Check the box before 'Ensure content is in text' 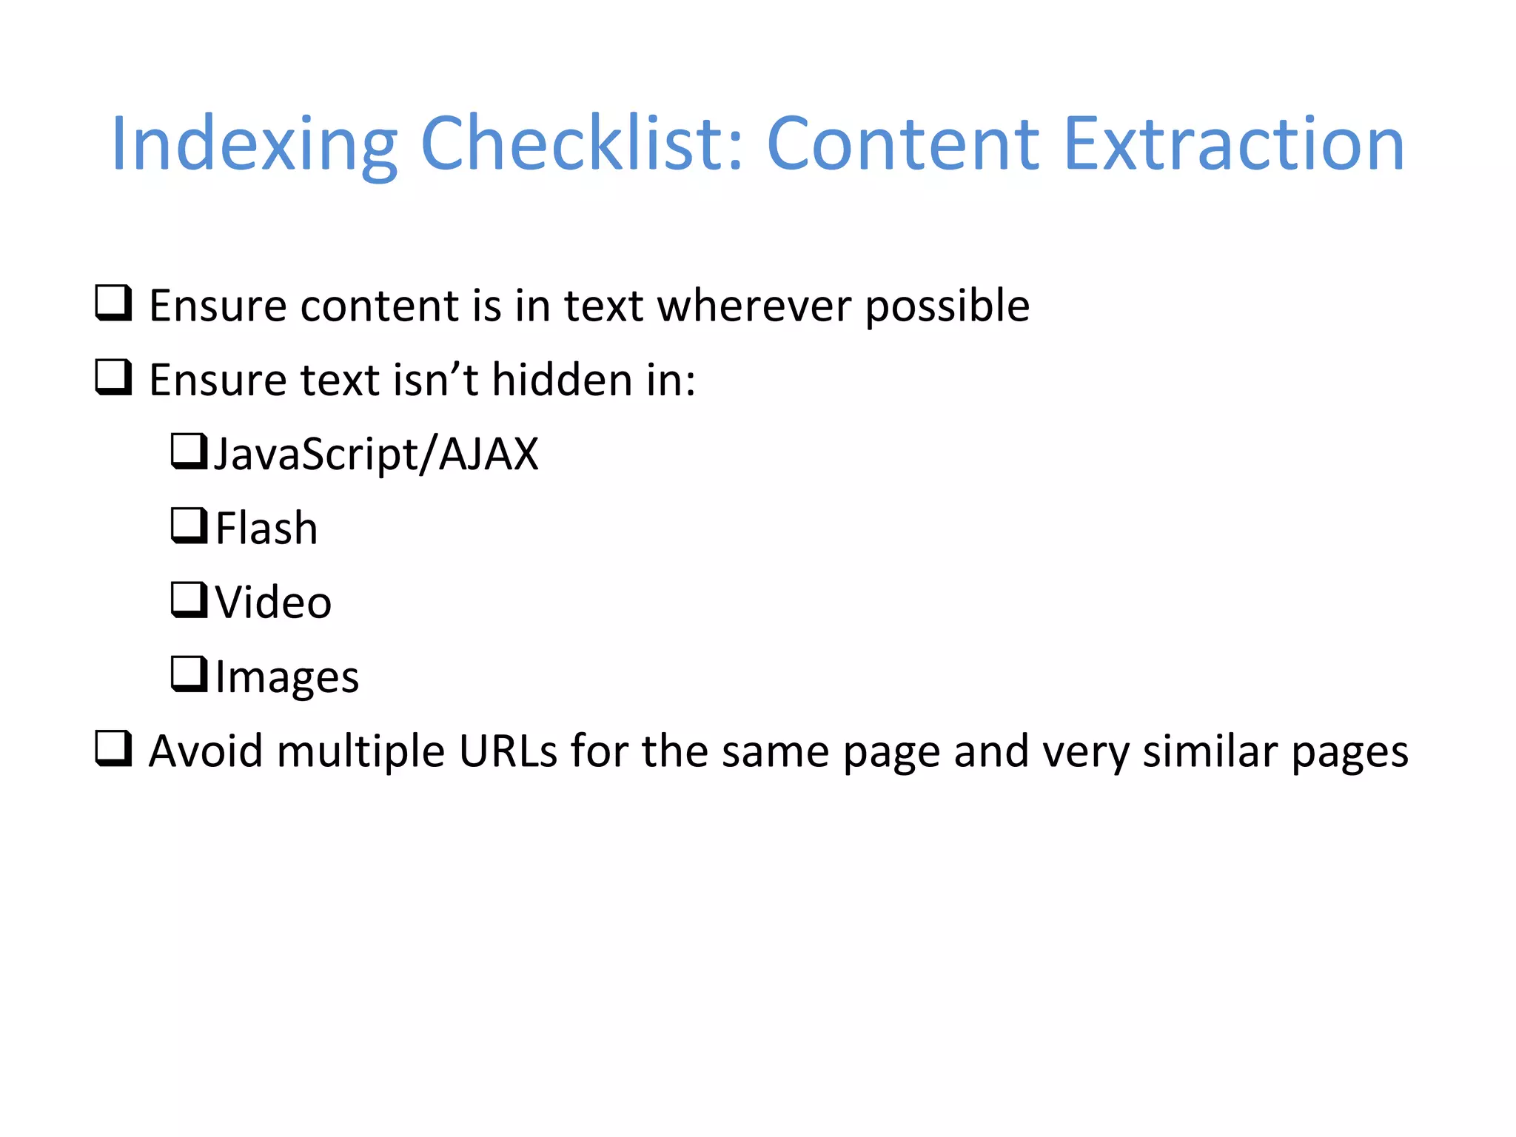point(113,303)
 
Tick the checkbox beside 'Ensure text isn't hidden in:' point(113,378)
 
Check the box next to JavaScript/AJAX point(189,452)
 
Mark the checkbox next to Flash point(189,526)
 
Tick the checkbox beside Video point(189,600)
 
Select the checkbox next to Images point(189,674)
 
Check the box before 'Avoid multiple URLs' point(113,748)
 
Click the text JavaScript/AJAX point(376,454)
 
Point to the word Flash point(266,529)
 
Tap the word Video point(273,602)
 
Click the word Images point(287,677)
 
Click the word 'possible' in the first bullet point(947,307)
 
